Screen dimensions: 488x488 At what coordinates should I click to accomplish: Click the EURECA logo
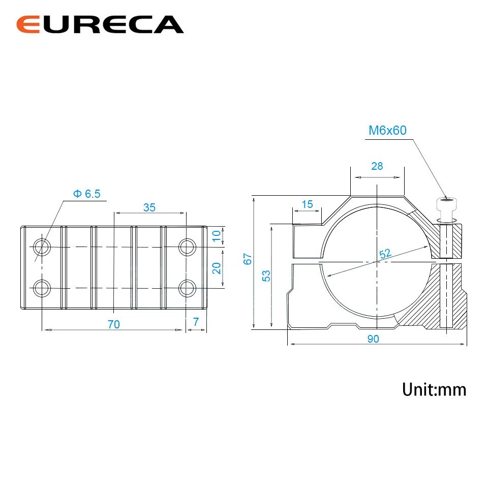pos(100,24)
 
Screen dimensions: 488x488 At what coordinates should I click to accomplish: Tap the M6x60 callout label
pos(387,130)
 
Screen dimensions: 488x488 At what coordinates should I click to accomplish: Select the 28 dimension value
pos(377,166)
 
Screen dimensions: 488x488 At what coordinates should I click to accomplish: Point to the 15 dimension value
pos(307,204)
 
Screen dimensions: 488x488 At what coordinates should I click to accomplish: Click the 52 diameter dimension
pos(385,254)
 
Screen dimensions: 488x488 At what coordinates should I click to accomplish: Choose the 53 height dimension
pos(266,276)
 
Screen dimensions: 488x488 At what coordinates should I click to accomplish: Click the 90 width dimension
pos(373,339)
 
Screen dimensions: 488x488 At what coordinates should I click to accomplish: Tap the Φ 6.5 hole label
pos(87,194)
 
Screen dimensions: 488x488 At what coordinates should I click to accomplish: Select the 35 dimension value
pos(149,207)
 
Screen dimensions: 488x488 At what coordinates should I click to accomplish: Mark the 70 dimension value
pos(113,324)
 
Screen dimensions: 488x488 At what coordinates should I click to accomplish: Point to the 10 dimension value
pos(217,236)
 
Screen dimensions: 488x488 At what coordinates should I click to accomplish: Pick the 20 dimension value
pos(217,267)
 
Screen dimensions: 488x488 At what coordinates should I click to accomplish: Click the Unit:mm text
pos(434,389)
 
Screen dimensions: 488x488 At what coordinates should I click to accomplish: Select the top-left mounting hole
pos(41,247)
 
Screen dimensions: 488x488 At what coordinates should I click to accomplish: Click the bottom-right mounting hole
pos(187,288)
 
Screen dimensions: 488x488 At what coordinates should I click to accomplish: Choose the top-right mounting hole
pos(187,247)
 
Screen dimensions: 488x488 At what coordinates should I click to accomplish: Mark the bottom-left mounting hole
pos(41,288)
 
